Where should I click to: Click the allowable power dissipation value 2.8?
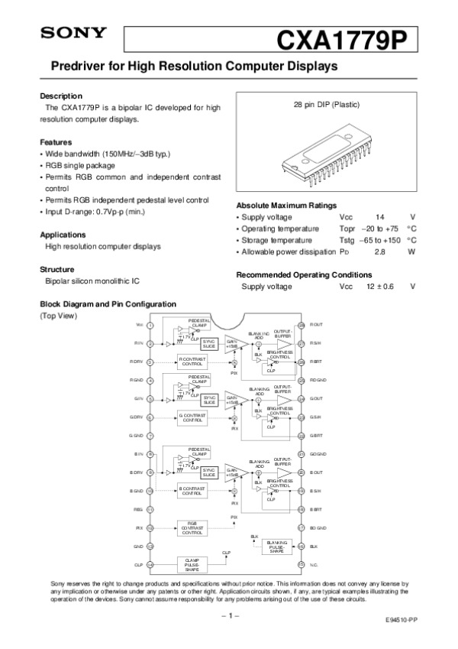tap(379, 251)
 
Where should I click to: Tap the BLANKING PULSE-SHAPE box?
tap(277, 546)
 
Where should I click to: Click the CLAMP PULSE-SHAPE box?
tap(192, 564)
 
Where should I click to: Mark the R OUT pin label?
tap(317, 325)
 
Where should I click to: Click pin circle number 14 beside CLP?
tap(150, 564)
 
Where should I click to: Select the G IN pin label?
tap(138, 399)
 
